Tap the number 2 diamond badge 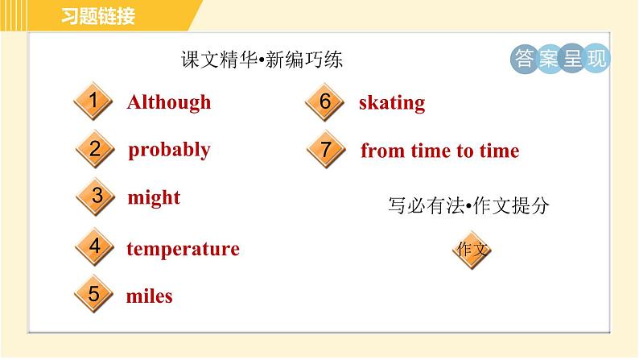coord(95,149)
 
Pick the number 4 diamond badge coord(95,247)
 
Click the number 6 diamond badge coord(325,102)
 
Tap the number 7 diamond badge coord(325,150)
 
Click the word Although coord(169,102)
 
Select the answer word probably coord(169,150)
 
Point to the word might coord(154,198)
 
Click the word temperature coord(183,249)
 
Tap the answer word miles coord(150,296)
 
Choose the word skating coord(392,103)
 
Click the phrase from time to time coord(439,151)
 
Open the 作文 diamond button coord(472,249)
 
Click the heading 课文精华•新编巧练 coord(262,60)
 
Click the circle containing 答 coord(525,60)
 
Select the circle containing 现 coord(596,60)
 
